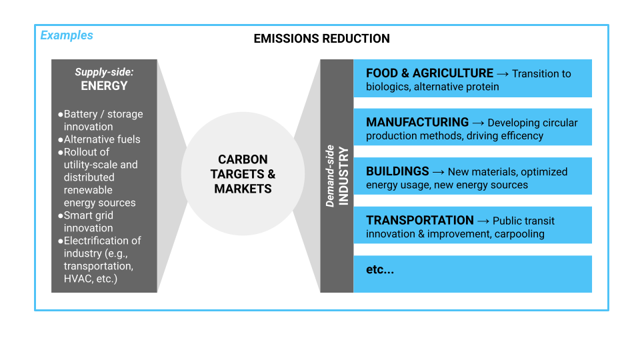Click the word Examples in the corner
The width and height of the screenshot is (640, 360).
coord(67,35)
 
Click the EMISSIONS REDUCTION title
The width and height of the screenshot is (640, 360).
coord(321,39)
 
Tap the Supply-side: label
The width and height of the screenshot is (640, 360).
coord(104,72)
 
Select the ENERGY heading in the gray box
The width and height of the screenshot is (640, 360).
coord(104,86)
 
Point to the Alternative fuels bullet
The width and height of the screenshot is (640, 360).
coord(99,139)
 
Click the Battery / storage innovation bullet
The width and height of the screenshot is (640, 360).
coord(101,120)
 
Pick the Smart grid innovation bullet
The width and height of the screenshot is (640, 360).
coord(86,221)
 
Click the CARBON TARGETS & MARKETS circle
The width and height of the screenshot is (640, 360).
coord(243,174)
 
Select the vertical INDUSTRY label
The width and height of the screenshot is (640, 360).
coord(344,176)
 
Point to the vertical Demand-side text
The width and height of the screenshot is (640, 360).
coord(330,176)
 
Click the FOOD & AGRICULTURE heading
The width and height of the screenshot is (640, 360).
coord(429,73)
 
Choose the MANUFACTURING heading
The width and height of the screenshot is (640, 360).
coord(417,122)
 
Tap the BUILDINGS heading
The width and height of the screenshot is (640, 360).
coord(397,171)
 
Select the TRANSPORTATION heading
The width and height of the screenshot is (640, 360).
coord(419,220)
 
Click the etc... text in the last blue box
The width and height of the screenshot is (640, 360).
coord(380,269)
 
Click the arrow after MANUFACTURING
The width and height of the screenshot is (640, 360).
coord(479,123)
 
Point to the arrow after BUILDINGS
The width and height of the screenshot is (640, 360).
coord(439,172)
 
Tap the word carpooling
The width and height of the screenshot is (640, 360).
coord(519,234)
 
